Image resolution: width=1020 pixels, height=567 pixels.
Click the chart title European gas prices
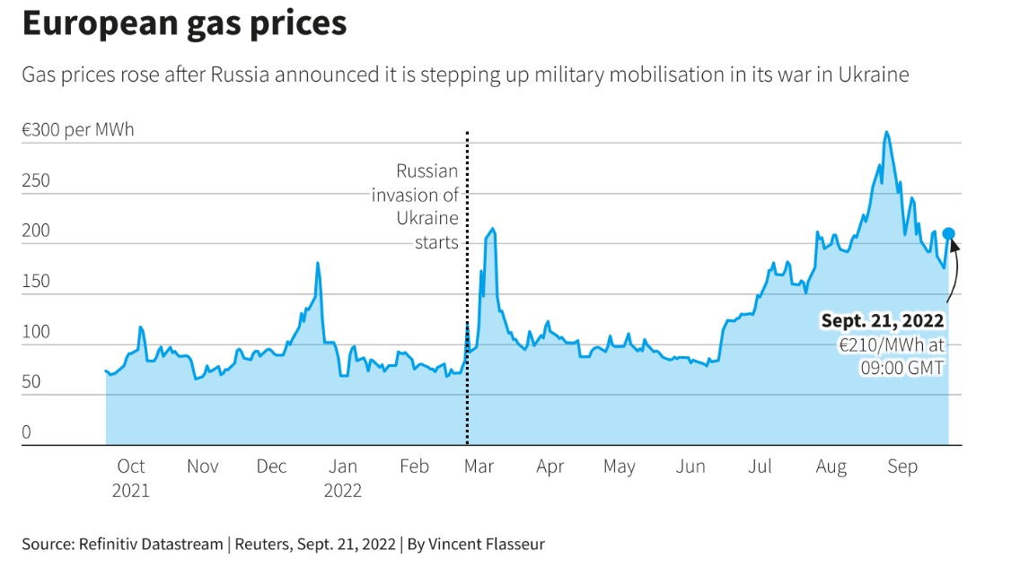click(184, 24)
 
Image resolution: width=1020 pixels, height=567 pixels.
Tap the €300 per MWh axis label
click(77, 130)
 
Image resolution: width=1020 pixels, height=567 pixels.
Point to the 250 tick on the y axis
click(37, 180)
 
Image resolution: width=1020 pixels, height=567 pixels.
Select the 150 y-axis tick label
click(37, 282)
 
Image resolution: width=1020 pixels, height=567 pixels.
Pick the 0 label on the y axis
click(27, 432)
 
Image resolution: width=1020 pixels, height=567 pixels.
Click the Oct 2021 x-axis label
click(131, 478)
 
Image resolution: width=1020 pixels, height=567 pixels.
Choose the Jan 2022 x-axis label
click(343, 478)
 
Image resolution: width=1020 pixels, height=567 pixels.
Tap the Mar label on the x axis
click(479, 467)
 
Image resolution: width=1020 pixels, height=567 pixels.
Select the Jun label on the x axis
click(690, 467)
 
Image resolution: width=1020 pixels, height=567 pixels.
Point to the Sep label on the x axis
click(902, 467)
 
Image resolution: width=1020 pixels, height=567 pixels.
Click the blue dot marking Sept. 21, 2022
click(948, 234)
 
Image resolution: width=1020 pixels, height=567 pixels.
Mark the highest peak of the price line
click(886, 133)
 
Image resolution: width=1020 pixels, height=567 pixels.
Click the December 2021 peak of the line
click(318, 264)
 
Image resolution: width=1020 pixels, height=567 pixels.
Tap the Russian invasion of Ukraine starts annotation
click(416, 206)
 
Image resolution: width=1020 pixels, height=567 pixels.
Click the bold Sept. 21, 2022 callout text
click(883, 320)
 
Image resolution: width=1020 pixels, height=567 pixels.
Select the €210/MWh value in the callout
click(873, 345)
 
